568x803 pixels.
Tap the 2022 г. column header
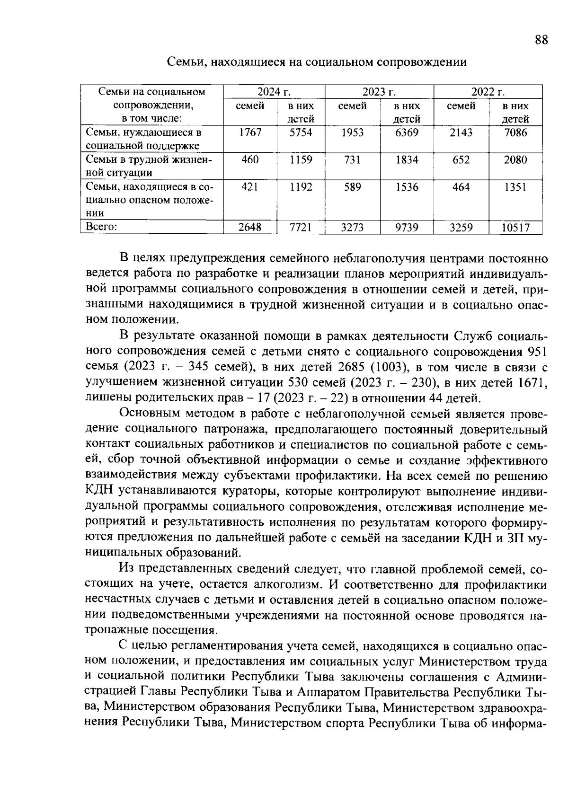tap(488, 92)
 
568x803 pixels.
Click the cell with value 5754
tap(301, 133)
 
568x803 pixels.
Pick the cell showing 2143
tap(461, 133)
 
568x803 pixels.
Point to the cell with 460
tap(250, 160)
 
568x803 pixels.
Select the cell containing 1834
tap(407, 160)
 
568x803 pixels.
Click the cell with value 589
tap(352, 187)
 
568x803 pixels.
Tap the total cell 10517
tap(515, 228)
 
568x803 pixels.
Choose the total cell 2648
tap(250, 228)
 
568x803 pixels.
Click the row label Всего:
tap(101, 227)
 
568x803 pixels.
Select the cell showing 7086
tap(515, 133)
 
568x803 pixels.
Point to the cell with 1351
tap(515, 187)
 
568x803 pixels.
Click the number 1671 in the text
tap(532, 382)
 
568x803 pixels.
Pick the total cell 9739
tap(407, 228)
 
